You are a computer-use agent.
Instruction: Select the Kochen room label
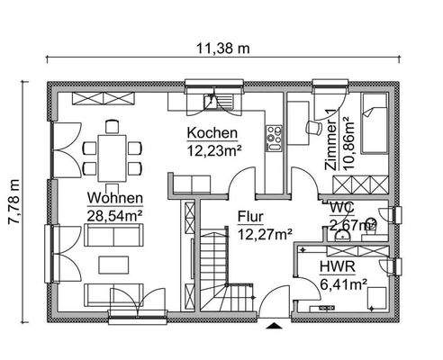click(212, 133)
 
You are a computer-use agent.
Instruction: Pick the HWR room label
click(336, 267)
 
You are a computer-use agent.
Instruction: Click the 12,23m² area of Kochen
click(213, 149)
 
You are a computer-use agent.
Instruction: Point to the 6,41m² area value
click(343, 284)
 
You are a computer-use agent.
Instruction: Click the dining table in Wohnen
click(113, 149)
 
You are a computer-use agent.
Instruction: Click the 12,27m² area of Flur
click(266, 234)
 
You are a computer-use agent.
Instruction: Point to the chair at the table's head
click(113, 126)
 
